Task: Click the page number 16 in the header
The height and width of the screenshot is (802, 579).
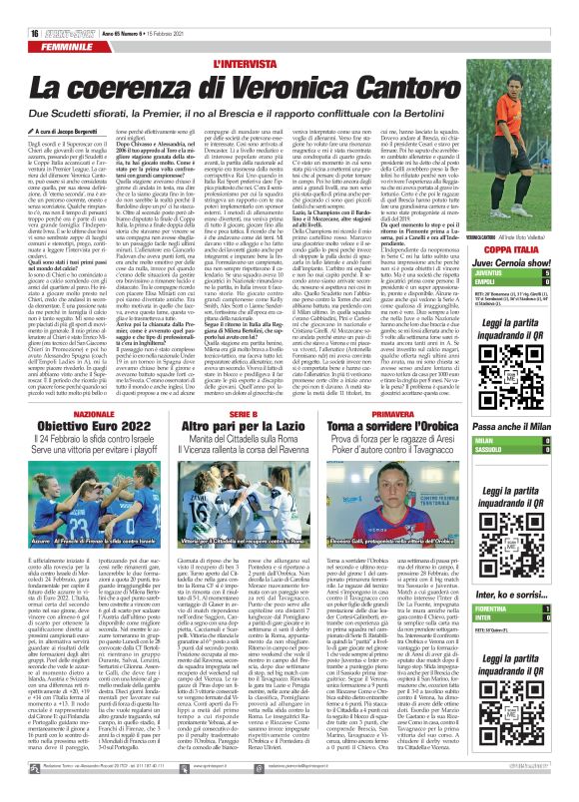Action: coord(20,9)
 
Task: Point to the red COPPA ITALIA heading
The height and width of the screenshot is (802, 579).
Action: coord(516,249)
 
